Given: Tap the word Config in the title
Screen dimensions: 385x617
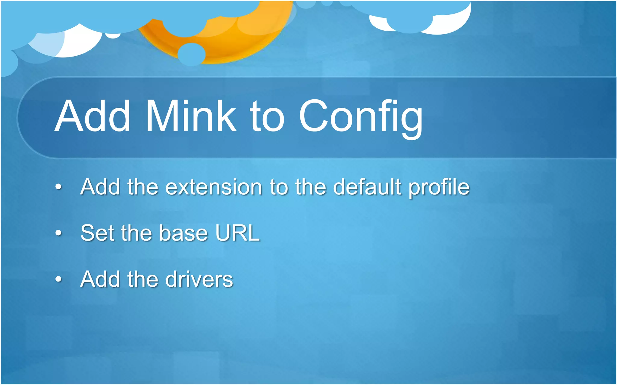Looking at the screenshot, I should click(360, 117).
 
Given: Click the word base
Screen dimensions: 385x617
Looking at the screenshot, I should click(183, 233).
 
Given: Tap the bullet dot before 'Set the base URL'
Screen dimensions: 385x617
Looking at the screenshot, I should click(59, 233).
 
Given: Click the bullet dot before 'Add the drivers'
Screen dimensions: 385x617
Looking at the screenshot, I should click(59, 279).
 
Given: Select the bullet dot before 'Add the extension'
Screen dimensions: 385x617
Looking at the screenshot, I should click(59, 187).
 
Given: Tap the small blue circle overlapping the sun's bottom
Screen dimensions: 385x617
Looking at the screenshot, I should click(192, 54).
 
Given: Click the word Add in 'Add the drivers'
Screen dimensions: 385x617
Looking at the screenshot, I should click(100, 279).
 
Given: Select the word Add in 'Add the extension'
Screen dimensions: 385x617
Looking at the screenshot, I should click(100, 187).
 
